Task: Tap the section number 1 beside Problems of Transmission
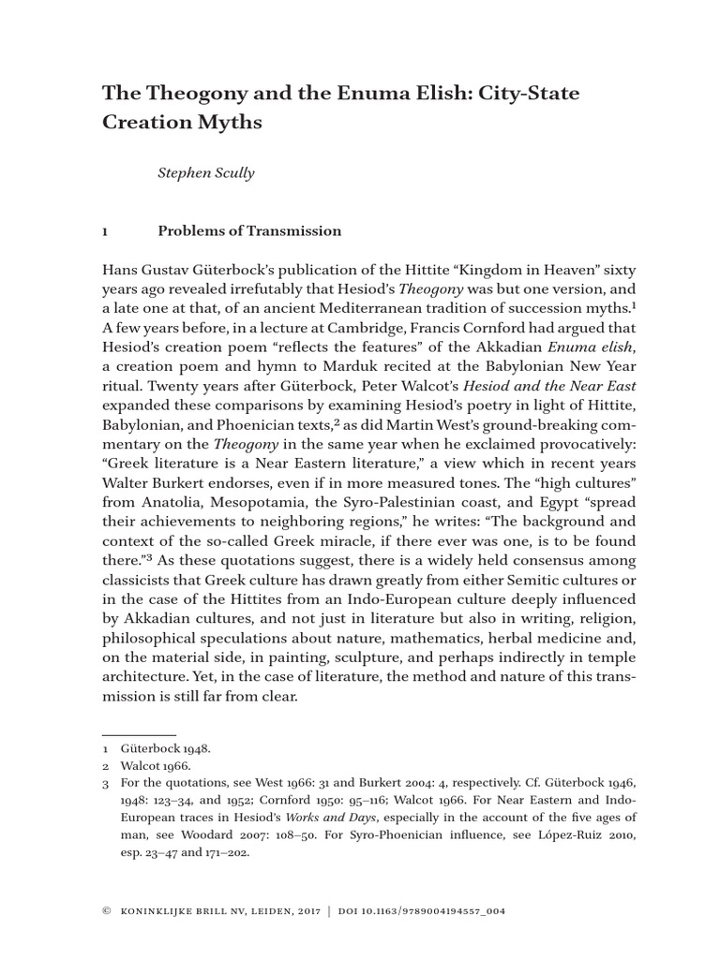[105, 231]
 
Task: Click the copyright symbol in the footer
[106, 911]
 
